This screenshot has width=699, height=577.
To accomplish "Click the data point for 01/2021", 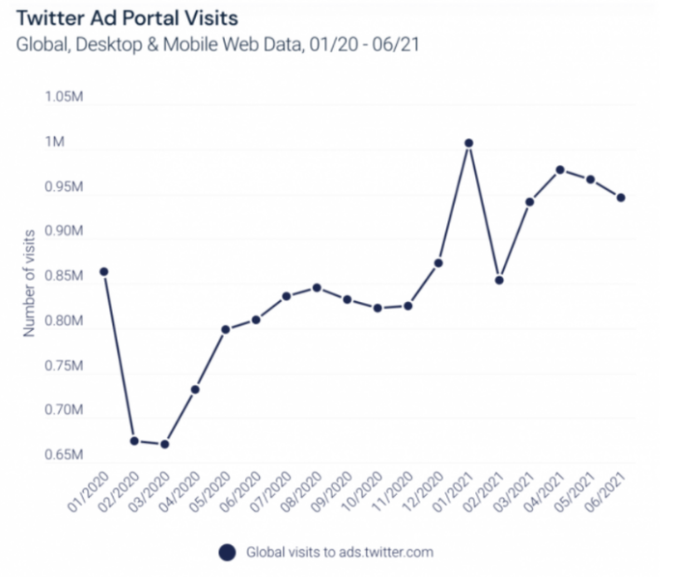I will coord(469,144).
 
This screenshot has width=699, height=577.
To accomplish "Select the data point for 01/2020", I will coord(104,272).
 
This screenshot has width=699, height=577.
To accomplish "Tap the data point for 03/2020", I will coord(165,444).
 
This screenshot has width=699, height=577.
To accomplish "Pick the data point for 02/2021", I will coord(500,280).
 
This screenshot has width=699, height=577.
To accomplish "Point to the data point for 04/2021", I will coord(560,170).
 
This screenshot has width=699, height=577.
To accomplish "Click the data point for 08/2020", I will coord(317,287).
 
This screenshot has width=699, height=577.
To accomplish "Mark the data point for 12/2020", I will coord(438,263).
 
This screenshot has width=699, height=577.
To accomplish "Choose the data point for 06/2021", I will coord(621,198).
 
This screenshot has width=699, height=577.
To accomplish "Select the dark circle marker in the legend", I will coord(226,552).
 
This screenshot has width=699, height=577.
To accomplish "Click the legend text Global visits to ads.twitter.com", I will coord(339,552).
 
